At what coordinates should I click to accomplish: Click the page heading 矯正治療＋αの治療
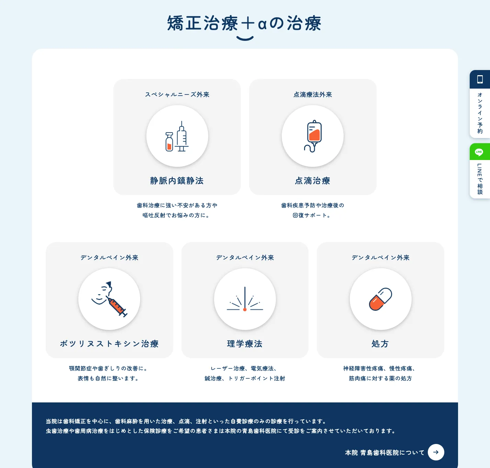pyautogui.click(x=244, y=23)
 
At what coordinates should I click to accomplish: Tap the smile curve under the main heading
pyautogui.click(x=245, y=39)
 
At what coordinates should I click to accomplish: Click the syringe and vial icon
pyautogui.click(x=177, y=136)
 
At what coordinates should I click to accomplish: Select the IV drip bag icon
pyautogui.click(x=313, y=136)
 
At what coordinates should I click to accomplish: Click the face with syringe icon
pyautogui.click(x=109, y=299)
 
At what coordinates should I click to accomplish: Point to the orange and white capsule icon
pyautogui.click(x=380, y=299)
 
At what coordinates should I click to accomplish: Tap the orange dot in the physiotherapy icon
pyautogui.click(x=245, y=309)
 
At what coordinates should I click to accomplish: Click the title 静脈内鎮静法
pyautogui.click(x=177, y=181)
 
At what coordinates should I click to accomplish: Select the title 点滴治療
pyautogui.click(x=312, y=181)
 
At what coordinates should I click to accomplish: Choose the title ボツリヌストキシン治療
pyautogui.click(x=109, y=344)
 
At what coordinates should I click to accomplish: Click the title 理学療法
pyautogui.click(x=245, y=344)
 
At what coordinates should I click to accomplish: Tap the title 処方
pyautogui.click(x=380, y=344)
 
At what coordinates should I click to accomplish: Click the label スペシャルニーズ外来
pyautogui.click(x=177, y=95)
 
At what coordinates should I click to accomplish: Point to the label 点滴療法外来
pyautogui.click(x=313, y=95)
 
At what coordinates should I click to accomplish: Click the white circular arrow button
pyautogui.click(x=436, y=452)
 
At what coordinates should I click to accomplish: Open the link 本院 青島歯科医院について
pyautogui.click(x=385, y=453)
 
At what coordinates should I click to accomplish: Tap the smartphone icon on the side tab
pyautogui.click(x=480, y=79)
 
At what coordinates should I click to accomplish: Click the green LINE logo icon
pyautogui.click(x=479, y=152)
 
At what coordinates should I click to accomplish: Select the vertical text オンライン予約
pyautogui.click(x=480, y=113)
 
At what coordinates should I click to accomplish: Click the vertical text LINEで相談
pyautogui.click(x=480, y=179)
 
